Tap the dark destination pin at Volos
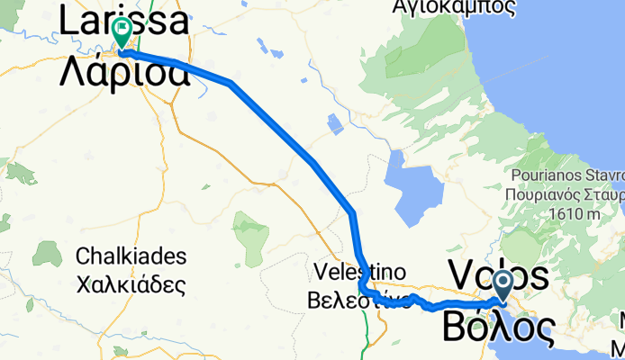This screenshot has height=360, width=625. coord(503,286)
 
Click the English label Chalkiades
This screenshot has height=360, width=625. coord(131,256)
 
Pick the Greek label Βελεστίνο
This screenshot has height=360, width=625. coord(360,301)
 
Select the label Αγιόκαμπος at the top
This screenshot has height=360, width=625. coord(455,8)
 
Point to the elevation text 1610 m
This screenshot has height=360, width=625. coord(577,215)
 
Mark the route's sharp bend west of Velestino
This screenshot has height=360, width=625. coord(362,287)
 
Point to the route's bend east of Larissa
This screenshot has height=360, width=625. coord(231,84)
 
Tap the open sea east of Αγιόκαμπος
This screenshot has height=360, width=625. coord(576,54)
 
